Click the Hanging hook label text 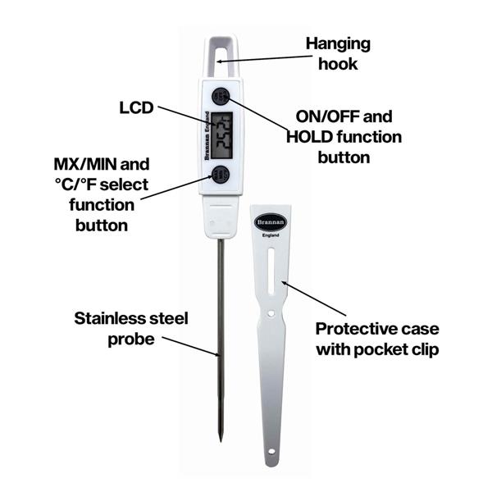coord(338,53)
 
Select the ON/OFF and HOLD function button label coord(344,136)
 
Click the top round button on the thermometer coord(220,97)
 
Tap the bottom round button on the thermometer coord(220,174)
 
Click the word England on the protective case coord(272,235)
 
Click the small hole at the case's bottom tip coord(271,453)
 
